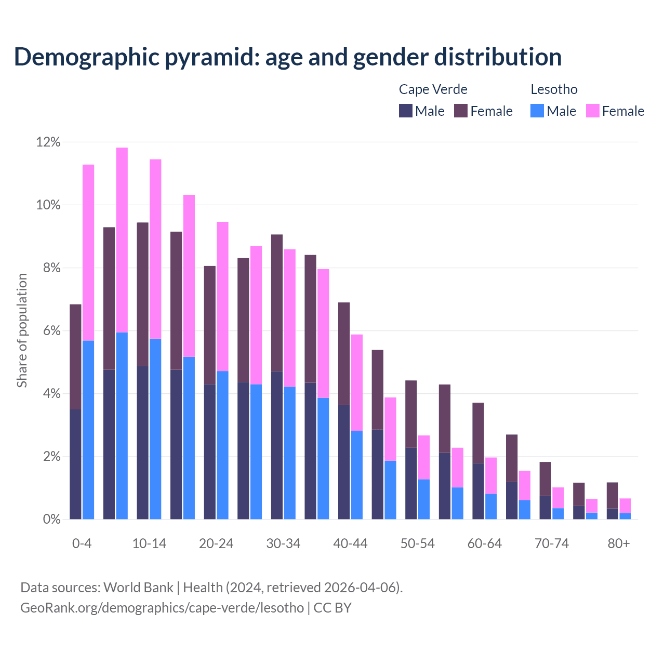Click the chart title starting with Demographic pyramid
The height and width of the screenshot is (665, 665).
pos(287,57)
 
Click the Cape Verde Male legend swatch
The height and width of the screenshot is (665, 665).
pos(406,111)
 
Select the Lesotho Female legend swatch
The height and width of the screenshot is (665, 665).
pos(592,111)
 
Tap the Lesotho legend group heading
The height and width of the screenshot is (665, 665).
pos(554,89)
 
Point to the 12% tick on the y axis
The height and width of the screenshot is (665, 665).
pos(48,142)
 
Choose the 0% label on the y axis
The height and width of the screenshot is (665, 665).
pos(51,520)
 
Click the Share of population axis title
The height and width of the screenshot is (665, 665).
pos(22,330)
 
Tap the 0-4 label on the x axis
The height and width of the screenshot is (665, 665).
pos(82,543)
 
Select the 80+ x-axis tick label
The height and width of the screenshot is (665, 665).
pos(619,543)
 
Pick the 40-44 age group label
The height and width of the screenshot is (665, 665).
pos(350,543)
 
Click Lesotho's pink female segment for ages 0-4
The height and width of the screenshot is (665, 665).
pos(88,252)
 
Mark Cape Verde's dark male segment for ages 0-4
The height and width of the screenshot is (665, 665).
pos(75,464)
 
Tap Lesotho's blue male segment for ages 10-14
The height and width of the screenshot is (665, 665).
pos(155,429)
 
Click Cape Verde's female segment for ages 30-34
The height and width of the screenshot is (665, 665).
pos(277,303)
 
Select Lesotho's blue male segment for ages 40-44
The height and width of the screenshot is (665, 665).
pos(357,475)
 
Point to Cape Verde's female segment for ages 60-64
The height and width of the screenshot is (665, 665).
pos(478,433)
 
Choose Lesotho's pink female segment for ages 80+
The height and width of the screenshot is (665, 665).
pos(626,506)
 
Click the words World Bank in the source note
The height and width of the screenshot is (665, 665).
pos(138,588)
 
